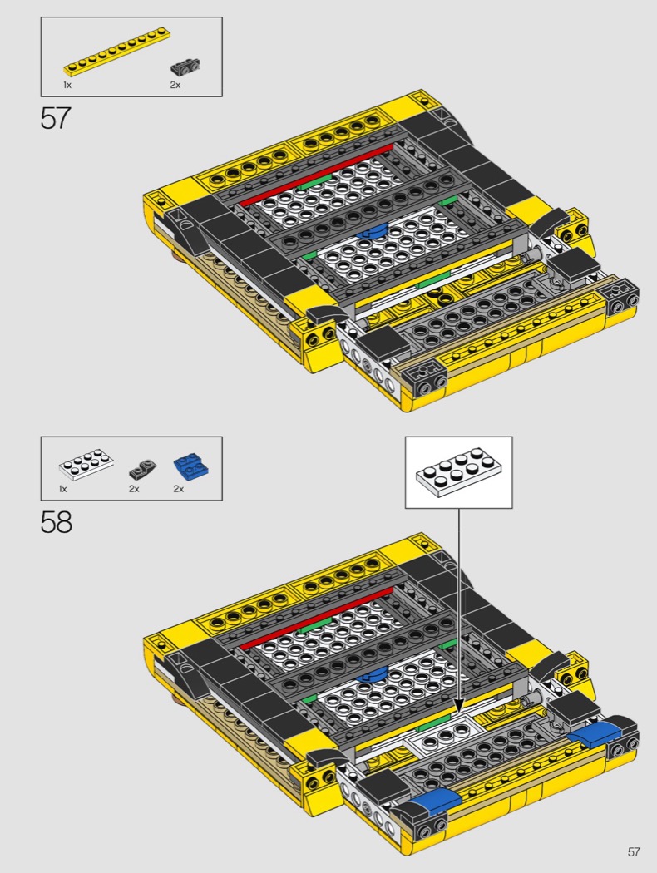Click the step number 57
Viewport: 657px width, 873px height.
pos(56,118)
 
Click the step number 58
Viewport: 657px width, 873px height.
pos(56,522)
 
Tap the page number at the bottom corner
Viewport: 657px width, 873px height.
pos(634,852)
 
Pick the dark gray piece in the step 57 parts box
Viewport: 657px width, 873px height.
pos(185,67)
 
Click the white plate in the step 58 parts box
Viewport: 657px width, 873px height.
pos(86,465)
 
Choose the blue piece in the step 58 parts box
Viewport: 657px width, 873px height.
pos(191,466)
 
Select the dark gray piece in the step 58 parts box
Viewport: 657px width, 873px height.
pos(142,470)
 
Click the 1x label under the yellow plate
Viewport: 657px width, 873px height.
pos(67,85)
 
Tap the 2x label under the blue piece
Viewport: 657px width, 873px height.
pos(178,489)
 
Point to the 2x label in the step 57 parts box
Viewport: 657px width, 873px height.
pos(175,85)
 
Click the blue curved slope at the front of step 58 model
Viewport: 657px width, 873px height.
pos(437,801)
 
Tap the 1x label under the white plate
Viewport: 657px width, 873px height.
pos(62,489)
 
